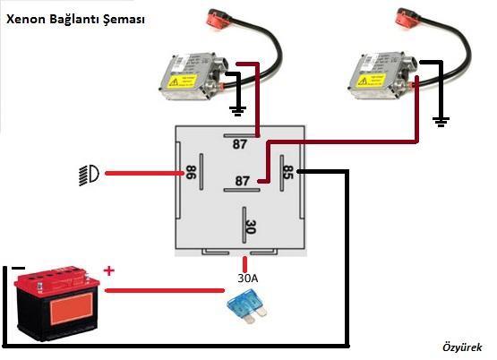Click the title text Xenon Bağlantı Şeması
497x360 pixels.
point(75,20)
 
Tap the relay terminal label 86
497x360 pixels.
point(191,172)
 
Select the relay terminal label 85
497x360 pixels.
point(287,172)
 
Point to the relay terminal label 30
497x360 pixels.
point(251,227)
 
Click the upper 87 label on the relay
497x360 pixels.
point(240,144)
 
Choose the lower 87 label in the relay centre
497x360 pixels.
point(242,181)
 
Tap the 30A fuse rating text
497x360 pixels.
point(248,279)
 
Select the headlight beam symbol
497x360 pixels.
point(89,175)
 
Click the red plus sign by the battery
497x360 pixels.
point(108,271)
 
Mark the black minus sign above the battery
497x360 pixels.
point(18,268)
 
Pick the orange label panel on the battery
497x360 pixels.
point(72,308)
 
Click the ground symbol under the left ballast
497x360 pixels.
point(237,111)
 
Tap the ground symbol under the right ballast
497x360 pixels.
point(441,122)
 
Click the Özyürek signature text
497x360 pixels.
point(462,347)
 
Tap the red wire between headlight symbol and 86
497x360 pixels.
point(144,174)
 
